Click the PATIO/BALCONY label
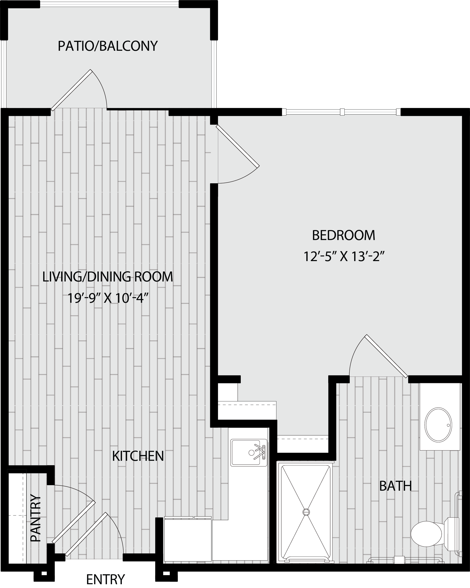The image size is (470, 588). (x=108, y=46)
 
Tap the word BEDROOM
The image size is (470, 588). (x=344, y=235)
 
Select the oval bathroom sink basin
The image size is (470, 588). (x=438, y=425)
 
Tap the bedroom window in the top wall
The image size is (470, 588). (x=341, y=112)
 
